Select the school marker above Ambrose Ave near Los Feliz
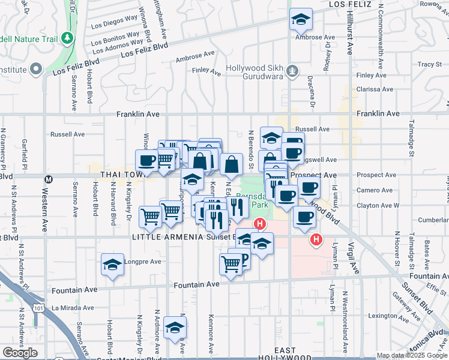click(301, 20)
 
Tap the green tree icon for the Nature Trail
click(70, 38)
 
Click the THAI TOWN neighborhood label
click(121, 174)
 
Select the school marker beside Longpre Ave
click(112, 265)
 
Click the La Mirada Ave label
click(73, 308)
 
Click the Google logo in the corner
click(20, 352)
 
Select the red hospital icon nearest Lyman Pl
click(316, 241)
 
